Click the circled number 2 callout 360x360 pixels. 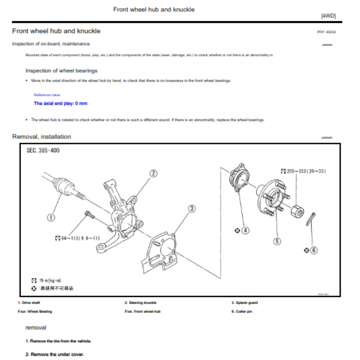coord(153,173)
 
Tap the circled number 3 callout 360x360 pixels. coord(192,208)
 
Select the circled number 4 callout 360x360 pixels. coord(245,230)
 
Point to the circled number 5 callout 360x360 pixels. coord(277,241)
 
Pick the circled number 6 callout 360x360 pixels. coord(314,250)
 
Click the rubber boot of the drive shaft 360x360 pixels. coord(63,185)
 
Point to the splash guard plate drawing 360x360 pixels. coord(162,254)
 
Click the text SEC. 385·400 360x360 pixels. coord(43,150)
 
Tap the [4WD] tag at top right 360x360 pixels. coord(328,16)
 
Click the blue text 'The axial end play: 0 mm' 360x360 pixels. coord(61,103)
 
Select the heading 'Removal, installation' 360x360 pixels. coord(41,136)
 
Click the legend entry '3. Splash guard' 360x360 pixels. coord(244,303)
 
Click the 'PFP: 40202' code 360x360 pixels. coord(326,32)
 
